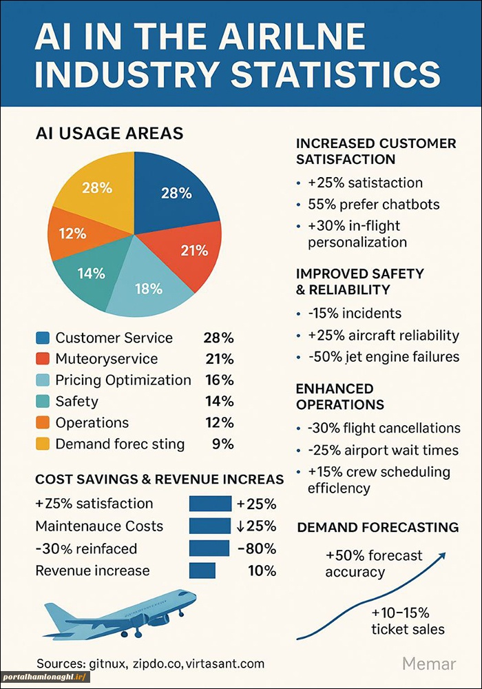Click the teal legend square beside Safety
coord(43,401)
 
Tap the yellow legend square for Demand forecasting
coord(43,444)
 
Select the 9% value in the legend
coord(223,444)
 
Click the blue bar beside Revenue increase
coord(202,570)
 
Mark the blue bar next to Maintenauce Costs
coord(209,526)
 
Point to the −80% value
coord(256,548)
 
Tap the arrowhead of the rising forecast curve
coord(441,556)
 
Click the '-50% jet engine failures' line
coord(384,357)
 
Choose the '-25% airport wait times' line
coord(383,450)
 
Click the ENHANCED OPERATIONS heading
coord(340,396)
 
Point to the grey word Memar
coord(429,664)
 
